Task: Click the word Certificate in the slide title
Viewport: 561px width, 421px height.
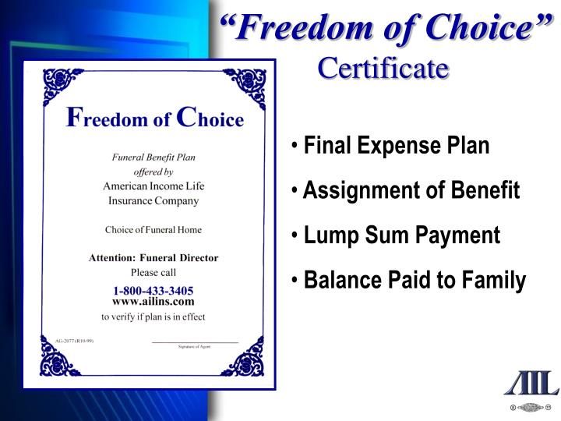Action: pyautogui.click(x=383, y=68)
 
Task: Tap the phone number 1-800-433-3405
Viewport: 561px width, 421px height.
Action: pyautogui.click(x=153, y=290)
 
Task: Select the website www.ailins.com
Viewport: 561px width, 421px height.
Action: pyautogui.click(x=153, y=302)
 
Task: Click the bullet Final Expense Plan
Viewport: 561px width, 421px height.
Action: pyautogui.click(x=397, y=146)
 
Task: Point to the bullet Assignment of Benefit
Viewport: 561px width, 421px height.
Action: pyautogui.click(x=411, y=190)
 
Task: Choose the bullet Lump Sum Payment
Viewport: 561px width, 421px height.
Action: pyautogui.click(x=402, y=235)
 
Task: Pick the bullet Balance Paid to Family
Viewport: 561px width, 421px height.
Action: pyautogui.click(x=415, y=280)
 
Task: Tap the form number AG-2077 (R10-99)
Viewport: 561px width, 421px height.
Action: pyautogui.click(x=68, y=341)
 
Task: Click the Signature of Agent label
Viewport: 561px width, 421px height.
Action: pyautogui.click(x=195, y=346)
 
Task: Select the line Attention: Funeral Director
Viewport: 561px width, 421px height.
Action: pyautogui.click(x=153, y=258)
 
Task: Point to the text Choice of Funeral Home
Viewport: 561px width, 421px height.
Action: pyautogui.click(x=153, y=229)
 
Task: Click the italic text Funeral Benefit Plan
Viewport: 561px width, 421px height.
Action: pyautogui.click(x=153, y=157)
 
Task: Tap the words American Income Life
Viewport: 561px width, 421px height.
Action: pyautogui.click(x=153, y=186)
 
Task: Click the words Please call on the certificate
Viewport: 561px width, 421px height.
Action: pyautogui.click(x=153, y=273)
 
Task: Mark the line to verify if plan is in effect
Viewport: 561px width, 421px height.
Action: pyautogui.click(x=153, y=317)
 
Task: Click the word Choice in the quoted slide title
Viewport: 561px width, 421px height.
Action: pyautogui.click(x=480, y=30)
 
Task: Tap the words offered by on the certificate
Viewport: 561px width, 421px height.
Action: pyautogui.click(x=153, y=172)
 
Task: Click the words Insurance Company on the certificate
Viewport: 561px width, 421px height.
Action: pyautogui.click(x=153, y=201)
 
